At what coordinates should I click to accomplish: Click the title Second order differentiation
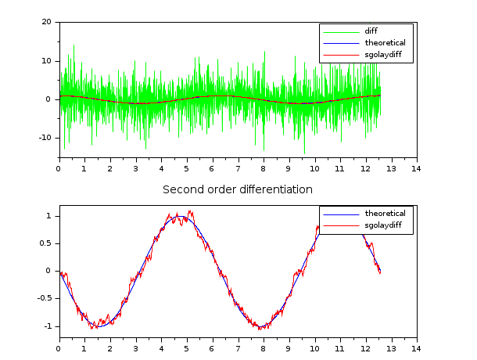[x=238, y=189]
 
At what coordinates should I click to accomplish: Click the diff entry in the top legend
[x=371, y=31]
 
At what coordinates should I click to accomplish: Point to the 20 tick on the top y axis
[x=47, y=22]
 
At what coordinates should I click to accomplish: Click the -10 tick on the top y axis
[x=45, y=137]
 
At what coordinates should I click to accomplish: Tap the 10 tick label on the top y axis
[x=47, y=60]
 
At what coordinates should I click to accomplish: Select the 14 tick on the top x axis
[x=416, y=167]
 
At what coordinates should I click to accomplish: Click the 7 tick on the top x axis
[x=237, y=167]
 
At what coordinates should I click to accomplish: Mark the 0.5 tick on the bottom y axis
[x=49, y=243]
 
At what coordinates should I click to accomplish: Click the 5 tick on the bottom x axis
[x=186, y=347]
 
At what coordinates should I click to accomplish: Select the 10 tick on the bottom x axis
[x=314, y=347]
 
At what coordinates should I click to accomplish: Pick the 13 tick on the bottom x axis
[x=390, y=347]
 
